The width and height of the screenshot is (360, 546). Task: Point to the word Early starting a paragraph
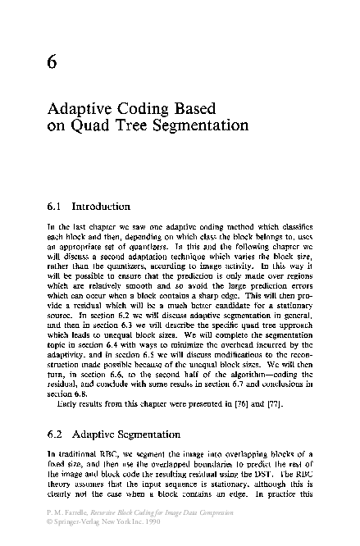click(x=68, y=403)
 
